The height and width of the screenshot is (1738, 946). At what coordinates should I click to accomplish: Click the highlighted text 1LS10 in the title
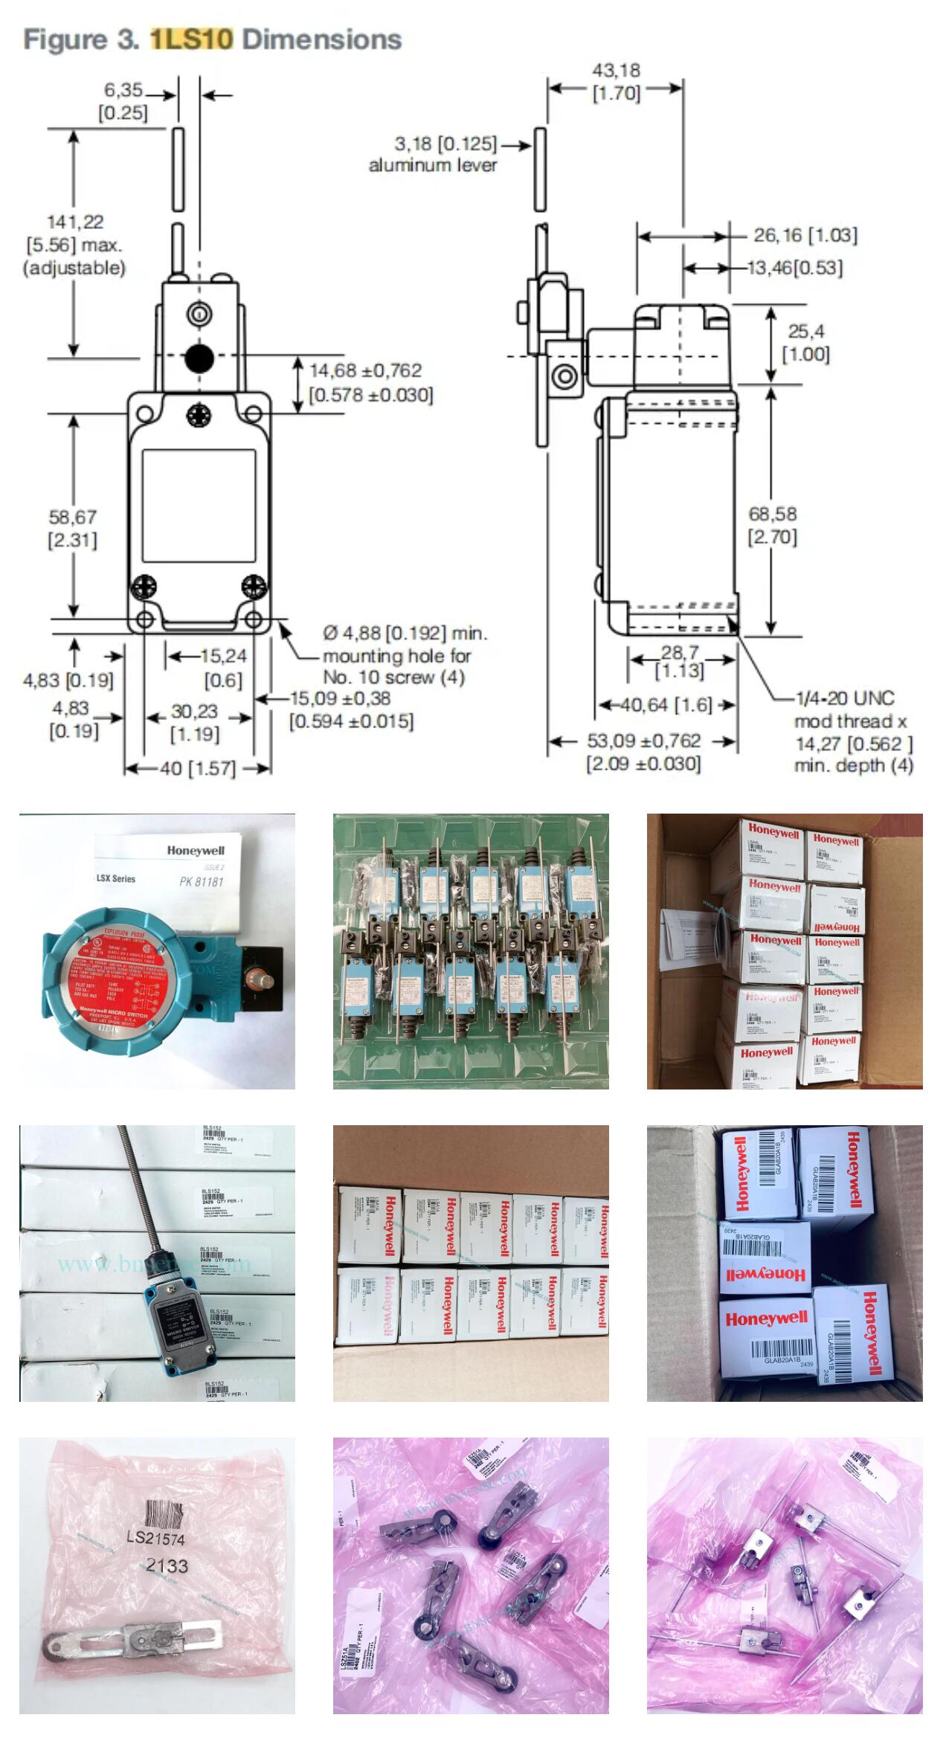point(192,39)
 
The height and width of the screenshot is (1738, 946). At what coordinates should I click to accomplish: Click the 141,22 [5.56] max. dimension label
point(74,244)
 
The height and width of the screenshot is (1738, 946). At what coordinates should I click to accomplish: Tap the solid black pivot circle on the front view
point(199,358)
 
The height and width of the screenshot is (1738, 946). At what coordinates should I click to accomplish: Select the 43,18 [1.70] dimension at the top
point(616,82)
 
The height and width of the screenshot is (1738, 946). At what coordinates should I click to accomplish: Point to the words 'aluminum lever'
point(433,165)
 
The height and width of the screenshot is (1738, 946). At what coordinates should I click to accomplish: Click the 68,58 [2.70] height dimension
point(773,524)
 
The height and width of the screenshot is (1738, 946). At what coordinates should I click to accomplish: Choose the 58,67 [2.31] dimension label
point(73,528)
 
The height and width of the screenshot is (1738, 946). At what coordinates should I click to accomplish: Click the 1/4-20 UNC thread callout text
point(846,698)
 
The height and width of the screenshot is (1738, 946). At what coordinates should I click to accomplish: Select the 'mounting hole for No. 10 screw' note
point(396,666)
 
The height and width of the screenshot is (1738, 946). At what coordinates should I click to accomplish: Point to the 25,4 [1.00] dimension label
point(806,342)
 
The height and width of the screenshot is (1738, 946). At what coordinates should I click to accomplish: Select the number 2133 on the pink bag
point(167,1565)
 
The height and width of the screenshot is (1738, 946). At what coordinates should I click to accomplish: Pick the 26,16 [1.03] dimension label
point(805,236)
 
